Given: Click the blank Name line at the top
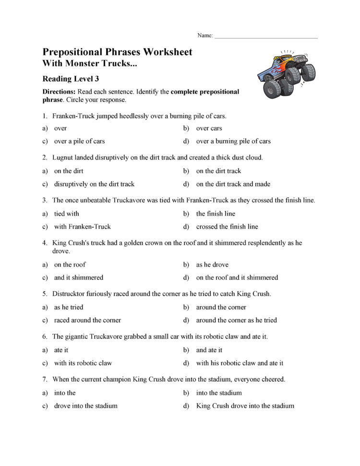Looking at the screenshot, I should [266, 37].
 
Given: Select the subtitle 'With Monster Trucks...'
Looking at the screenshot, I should [86, 63].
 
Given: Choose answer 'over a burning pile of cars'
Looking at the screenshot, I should [233, 141].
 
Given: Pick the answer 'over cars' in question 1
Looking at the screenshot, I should [209, 128].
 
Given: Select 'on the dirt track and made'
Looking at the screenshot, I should [233, 184].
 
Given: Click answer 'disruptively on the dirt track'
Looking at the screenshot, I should [94, 184].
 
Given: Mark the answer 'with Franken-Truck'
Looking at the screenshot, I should [82, 227].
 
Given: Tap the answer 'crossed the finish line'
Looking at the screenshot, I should [227, 227].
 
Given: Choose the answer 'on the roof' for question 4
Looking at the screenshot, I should [70, 265].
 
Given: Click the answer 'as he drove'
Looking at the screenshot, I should [212, 265].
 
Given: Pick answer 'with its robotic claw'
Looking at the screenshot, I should [83, 363].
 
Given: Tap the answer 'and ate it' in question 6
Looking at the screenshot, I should [209, 350].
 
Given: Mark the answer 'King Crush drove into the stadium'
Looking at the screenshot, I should [245, 406].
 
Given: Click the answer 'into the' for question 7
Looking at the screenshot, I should [65, 393].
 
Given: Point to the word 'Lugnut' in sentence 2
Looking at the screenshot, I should [62, 158].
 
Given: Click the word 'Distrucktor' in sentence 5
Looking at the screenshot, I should [69, 294].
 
